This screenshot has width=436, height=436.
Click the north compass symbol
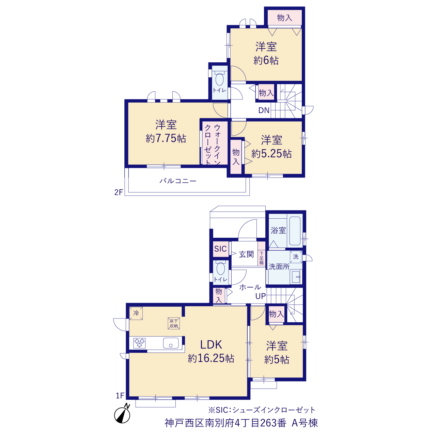(122, 414)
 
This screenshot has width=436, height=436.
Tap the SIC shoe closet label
(220, 249)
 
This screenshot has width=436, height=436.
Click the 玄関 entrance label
(246, 254)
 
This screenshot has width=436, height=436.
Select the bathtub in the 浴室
(295, 231)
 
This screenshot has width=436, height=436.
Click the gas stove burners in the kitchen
(139, 343)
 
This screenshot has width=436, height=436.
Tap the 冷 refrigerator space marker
(136, 313)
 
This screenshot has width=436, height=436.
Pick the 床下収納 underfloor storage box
(174, 323)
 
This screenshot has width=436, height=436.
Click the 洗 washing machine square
(296, 257)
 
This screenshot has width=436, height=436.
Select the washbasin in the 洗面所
(296, 277)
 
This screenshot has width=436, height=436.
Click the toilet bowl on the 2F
(219, 79)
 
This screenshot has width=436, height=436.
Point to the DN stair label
(264, 110)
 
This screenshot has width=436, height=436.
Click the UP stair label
(261, 296)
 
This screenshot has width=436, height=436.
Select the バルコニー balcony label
(178, 181)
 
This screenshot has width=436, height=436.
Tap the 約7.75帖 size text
(166, 139)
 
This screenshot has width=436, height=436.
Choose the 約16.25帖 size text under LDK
(211, 358)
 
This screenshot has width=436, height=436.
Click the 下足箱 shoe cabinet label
(262, 258)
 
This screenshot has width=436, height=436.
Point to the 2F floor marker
(119, 192)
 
